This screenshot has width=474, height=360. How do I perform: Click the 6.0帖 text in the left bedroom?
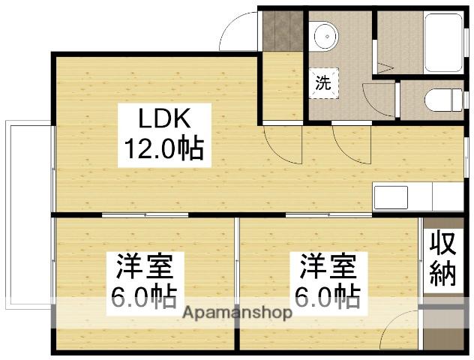pos(144,298)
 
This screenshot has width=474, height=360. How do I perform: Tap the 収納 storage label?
pos(442,258)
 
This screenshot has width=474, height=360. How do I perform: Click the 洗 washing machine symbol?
pos(322,82)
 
